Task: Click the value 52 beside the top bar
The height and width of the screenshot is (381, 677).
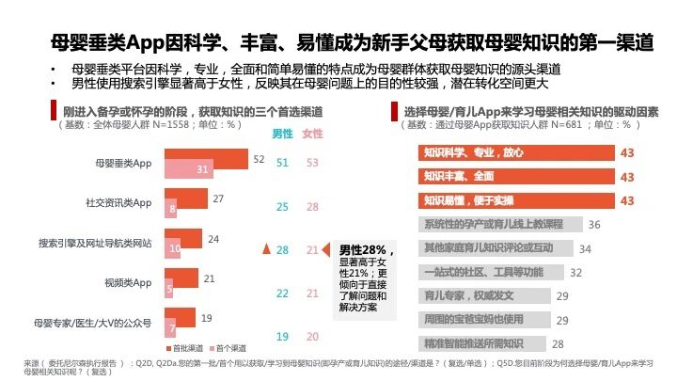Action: [259, 160]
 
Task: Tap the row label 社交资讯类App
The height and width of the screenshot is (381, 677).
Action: [118, 202]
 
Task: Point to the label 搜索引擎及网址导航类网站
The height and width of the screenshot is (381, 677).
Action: [95, 243]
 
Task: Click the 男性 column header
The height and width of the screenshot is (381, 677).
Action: [281, 134]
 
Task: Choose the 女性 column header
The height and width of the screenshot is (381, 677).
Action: [312, 134]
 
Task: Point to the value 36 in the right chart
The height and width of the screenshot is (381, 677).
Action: [593, 225]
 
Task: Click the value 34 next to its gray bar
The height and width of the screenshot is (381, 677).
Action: [584, 248]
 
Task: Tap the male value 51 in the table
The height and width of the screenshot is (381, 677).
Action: [281, 163]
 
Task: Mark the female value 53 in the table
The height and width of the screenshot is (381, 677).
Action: [313, 163]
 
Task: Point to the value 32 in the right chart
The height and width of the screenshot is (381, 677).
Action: [575, 272]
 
